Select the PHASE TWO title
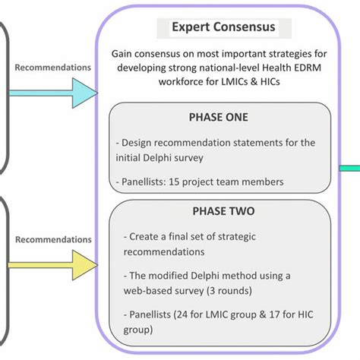(219, 212)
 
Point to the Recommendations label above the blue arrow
(52, 67)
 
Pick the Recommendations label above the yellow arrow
(52, 239)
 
